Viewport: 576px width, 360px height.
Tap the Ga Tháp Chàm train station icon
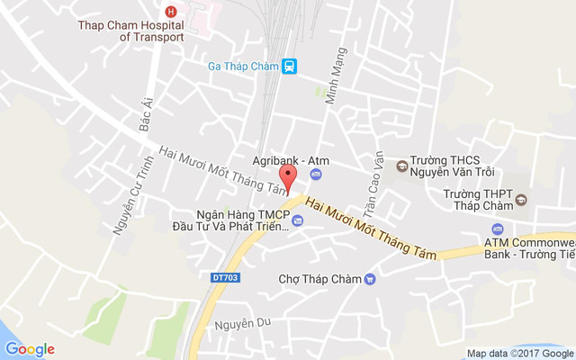tap(289, 66)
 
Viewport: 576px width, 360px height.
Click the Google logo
tap(30, 349)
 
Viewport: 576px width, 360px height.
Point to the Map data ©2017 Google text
tap(519, 353)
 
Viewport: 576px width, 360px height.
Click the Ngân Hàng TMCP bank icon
tap(298, 220)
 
